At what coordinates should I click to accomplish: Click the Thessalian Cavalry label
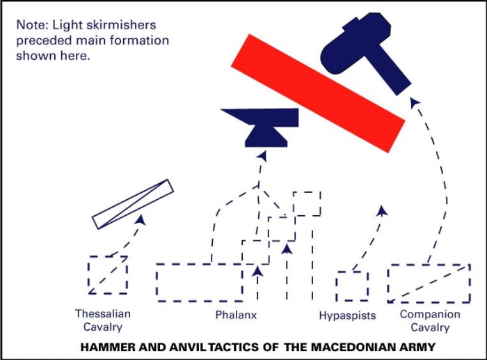point(103,320)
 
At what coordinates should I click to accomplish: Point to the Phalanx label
point(236,315)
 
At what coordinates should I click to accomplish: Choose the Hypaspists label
point(347,315)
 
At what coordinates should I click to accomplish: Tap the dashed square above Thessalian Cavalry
point(108,275)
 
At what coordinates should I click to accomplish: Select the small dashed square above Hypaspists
point(352,286)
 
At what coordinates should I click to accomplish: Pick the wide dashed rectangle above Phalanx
point(199,282)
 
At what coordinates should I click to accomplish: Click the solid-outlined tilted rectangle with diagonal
point(132,204)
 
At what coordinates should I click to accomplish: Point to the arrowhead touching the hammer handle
point(415,102)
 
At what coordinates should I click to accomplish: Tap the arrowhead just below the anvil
point(262,155)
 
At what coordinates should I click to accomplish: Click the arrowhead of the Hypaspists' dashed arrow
point(381,209)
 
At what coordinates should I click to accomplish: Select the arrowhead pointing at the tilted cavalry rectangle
point(141,219)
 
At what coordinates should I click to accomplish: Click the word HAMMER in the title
point(105,347)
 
